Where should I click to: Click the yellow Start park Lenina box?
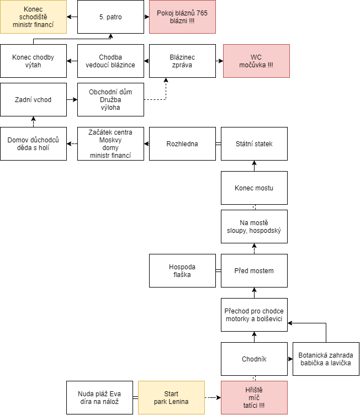[171, 397]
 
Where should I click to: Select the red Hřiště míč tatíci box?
[254, 397]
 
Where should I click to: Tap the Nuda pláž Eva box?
[99, 397]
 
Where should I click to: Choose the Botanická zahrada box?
[326, 359]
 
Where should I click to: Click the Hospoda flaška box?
[182, 270]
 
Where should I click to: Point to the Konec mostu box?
[254, 188]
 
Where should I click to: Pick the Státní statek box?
[254, 143]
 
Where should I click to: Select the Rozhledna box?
[182, 143]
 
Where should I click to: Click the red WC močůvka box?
[256, 61]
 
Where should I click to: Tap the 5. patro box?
[110, 17]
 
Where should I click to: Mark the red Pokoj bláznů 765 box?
[182, 17]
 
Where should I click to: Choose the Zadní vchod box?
[33, 99]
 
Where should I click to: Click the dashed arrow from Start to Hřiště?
[213, 397]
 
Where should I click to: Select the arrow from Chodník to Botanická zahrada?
[290, 359]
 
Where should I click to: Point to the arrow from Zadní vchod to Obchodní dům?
[72, 99]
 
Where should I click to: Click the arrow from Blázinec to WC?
[219, 61]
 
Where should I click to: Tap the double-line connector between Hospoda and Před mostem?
[218, 270]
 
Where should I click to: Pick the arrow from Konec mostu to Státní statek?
[255, 166]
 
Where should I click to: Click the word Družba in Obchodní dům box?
[110, 100]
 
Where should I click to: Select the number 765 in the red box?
[202, 13]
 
